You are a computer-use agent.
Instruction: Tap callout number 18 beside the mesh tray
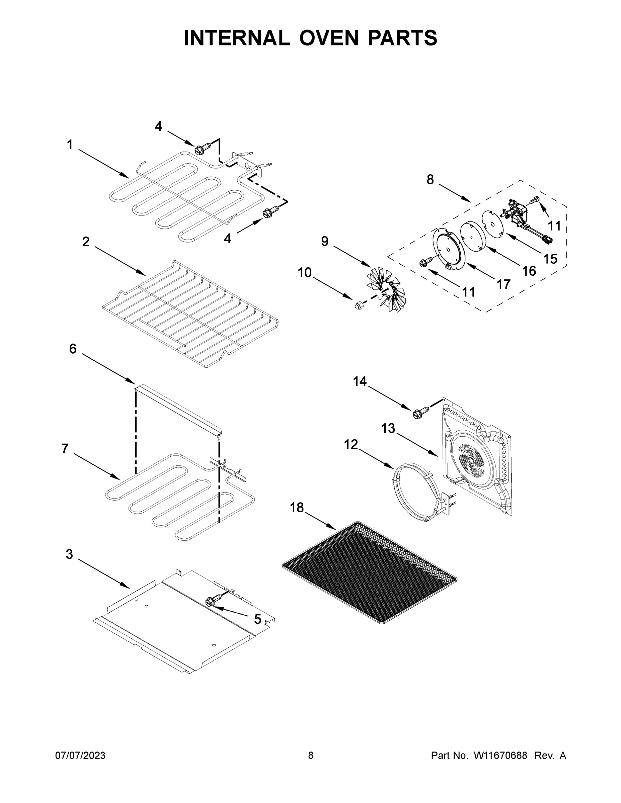point(297,508)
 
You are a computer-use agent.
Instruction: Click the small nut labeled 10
point(358,305)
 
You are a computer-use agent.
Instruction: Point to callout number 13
point(388,428)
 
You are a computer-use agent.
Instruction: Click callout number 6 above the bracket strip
point(73,349)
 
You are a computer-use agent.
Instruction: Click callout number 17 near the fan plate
point(503,284)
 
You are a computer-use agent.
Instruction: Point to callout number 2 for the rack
point(86,242)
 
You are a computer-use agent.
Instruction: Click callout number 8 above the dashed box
point(430,179)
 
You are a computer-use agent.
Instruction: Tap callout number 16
point(529,271)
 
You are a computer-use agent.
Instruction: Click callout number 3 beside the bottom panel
point(70,554)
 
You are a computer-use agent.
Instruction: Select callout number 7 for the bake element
point(65,449)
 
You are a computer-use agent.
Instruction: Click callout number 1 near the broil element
point(70,145)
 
